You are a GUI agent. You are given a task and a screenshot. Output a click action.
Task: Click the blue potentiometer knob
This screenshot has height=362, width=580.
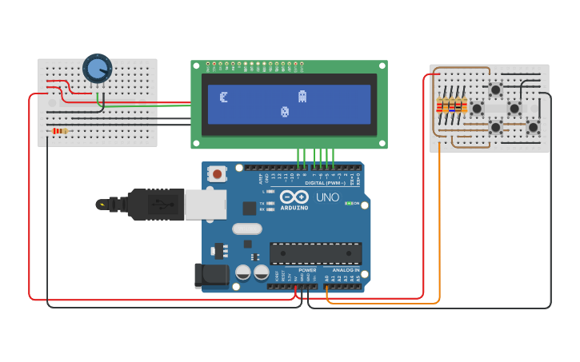point(98,69)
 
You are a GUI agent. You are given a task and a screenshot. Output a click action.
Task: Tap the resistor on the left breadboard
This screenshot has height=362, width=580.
point(59,131)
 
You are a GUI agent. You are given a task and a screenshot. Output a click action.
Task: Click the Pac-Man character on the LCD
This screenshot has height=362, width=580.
point(224,97)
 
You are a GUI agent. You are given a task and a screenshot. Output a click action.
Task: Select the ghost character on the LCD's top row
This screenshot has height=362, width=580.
point(302,97)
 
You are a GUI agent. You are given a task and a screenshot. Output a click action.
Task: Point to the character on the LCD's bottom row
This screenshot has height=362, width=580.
point(284,112)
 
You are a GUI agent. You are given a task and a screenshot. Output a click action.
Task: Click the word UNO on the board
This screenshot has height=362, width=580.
point(327,197)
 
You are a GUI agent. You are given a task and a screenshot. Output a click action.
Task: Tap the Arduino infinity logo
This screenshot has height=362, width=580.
point(294,197)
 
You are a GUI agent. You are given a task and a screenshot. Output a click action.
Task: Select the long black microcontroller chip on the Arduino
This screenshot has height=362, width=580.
point(315,253)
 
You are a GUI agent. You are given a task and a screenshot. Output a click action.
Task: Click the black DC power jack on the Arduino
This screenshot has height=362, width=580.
point(210,276)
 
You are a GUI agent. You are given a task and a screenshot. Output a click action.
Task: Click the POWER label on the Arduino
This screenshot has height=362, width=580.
point(307,270)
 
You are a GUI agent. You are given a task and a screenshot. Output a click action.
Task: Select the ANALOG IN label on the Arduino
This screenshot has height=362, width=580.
point(346,270)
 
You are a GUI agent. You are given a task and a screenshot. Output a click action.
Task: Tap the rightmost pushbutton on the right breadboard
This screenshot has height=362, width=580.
point(533,126)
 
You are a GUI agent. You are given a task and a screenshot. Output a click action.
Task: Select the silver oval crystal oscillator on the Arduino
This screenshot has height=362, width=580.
point(247,229)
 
